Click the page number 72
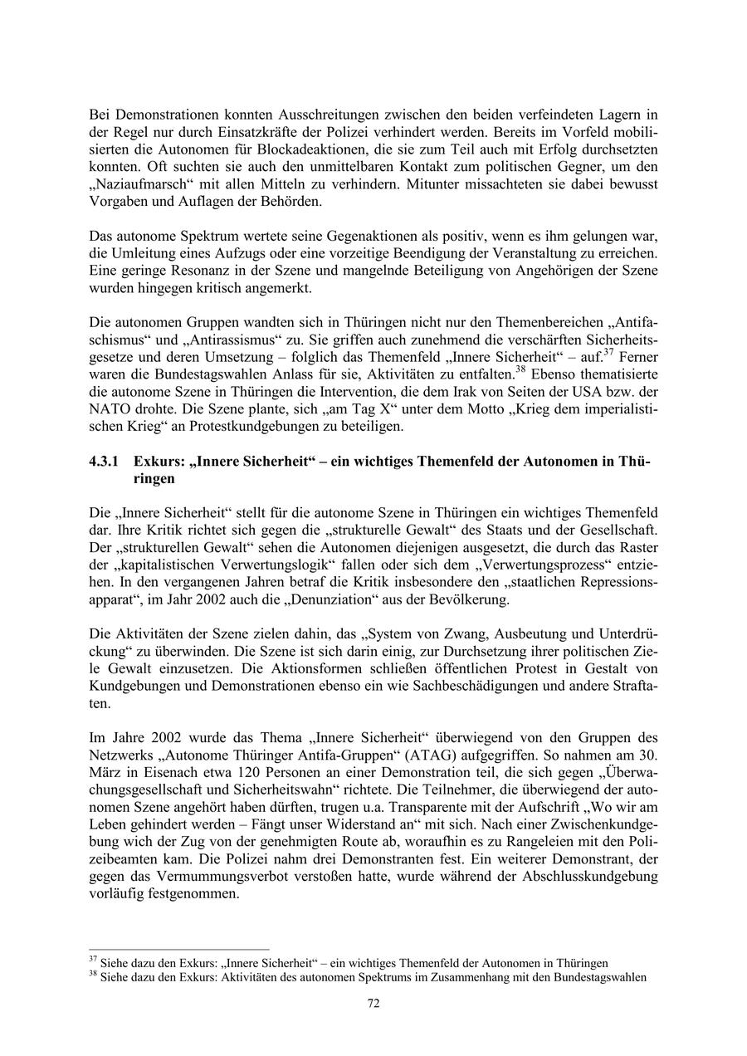[373, 1003]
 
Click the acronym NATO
[108, 410]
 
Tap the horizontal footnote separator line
[179, 949]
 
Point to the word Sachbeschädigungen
[481, 686]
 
